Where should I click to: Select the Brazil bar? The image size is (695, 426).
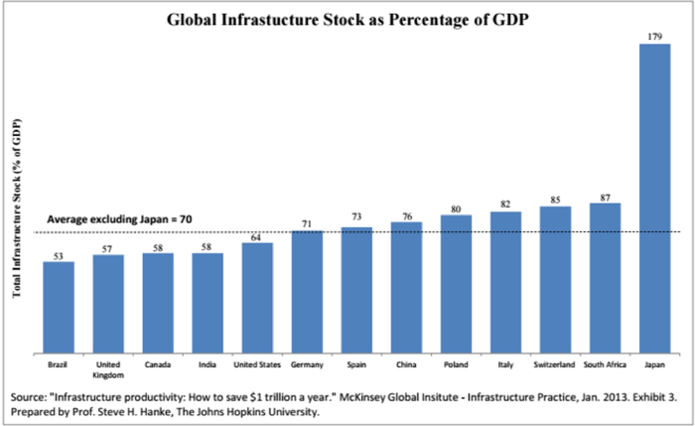point(59,307)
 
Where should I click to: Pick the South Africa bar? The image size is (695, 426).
point(605,277)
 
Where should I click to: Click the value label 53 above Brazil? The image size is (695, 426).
point(59,255)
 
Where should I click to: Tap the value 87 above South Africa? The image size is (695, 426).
point(605,197)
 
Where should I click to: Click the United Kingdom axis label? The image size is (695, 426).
point(108,367)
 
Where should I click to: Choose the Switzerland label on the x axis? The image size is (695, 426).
point(555,363)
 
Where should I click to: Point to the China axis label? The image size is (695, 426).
point(406,363)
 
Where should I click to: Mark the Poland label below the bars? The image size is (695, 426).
point(456,363)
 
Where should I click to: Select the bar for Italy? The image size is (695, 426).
point(505,282)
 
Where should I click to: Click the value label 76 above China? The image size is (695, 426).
point(406,215)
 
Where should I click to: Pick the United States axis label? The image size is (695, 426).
point(257,363)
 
